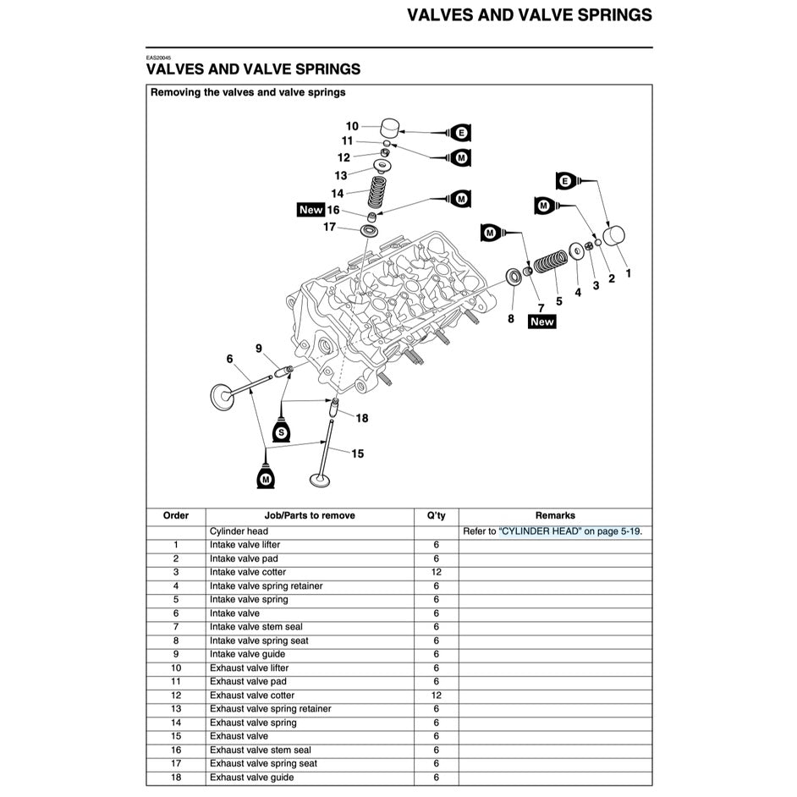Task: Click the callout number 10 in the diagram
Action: [352, 126]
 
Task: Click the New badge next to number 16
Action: [311, 210]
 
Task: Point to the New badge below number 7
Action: [541, 322]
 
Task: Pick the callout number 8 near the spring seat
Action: [510, 319]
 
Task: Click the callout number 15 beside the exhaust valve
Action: [358, 454]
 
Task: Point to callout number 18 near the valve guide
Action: [362, 418]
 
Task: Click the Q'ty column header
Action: [437, 515]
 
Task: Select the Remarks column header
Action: [555, 515]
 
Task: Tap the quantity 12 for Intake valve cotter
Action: [437, 572]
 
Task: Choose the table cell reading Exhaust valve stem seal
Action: [261, 750]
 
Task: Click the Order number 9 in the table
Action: [175, 654]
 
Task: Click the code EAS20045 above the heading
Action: [157, 58]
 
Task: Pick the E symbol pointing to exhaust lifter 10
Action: [461, 133]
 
